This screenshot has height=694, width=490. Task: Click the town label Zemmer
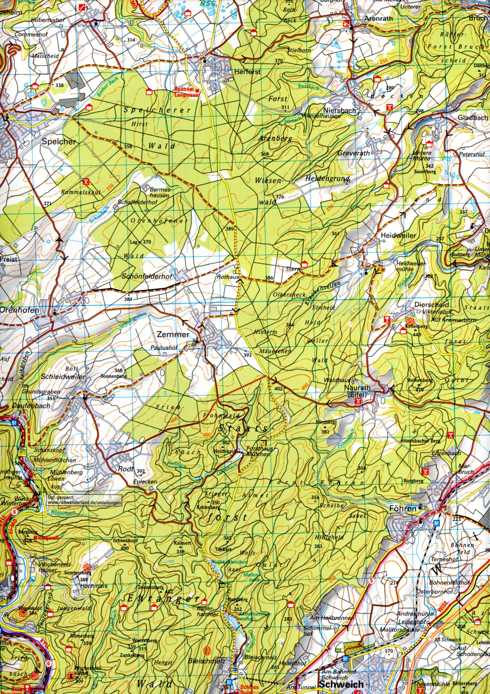click(173, 334)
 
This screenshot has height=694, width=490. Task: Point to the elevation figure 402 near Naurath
click(278, 388)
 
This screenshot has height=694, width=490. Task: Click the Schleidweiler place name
click(63, 378)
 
